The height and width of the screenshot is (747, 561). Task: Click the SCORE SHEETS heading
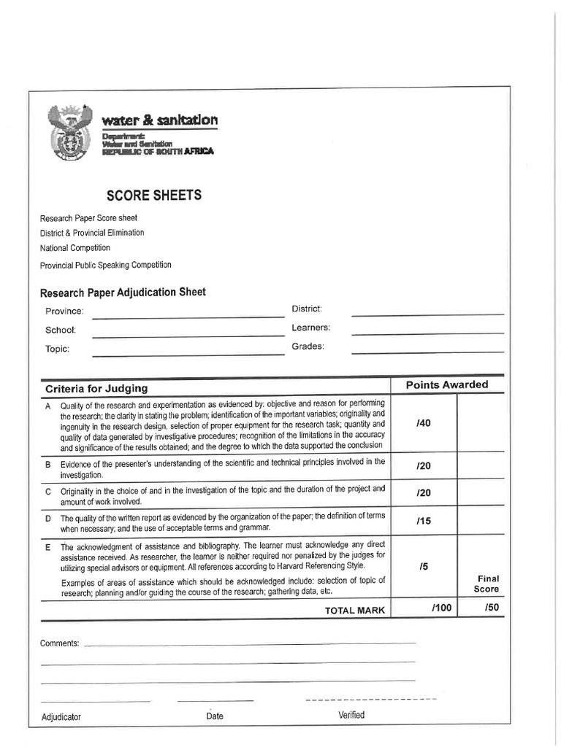point(154,196)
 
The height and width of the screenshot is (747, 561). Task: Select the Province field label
point(64,311)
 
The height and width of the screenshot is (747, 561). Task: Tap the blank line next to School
point(188,336)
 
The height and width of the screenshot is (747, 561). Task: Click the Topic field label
point(57,349)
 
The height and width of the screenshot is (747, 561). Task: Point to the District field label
point(307,309)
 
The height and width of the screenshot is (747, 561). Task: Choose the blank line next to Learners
point(427,333)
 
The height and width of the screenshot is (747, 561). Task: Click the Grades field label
point(308,346)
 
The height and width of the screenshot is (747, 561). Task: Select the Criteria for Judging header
point(96,388)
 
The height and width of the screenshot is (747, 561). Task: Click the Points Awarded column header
point(447,385)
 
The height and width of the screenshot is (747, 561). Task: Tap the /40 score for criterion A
point(423,424)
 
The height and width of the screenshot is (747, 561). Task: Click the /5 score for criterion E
point(424,566)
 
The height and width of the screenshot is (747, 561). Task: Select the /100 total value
point(441,607)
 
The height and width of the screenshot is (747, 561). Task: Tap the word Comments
point(60,643)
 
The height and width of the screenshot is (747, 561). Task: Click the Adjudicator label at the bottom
point(61,716)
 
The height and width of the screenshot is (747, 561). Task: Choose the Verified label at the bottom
point(351,715)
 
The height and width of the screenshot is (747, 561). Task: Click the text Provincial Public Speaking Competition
point(106,265)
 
